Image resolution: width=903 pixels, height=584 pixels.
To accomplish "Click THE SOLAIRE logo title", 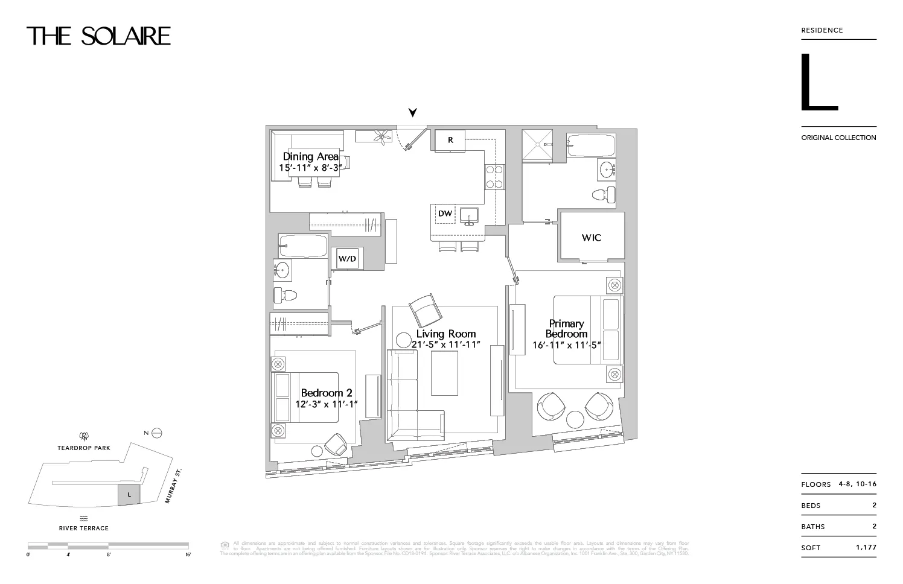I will (98, 36).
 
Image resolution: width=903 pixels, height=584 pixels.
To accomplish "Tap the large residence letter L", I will (818, 83).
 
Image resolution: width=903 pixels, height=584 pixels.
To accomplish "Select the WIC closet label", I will (591, 238).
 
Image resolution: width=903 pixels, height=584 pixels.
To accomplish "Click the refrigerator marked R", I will (450, 140).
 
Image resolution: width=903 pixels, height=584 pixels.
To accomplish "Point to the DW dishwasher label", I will (445, 214).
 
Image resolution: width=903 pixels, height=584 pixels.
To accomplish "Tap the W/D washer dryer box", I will (347, 259).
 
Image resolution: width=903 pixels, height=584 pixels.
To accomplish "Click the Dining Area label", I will (311, 157).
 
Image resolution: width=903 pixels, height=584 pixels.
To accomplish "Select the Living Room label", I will (446, 334).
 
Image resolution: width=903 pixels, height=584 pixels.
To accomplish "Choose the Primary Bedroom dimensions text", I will (566, 346).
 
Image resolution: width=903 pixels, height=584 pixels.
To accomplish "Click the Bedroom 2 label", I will (327, 393).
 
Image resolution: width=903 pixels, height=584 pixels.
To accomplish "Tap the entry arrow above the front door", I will (413, 112).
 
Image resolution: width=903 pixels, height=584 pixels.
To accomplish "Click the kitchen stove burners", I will (495, 177).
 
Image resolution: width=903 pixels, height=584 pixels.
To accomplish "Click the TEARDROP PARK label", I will (84, 448).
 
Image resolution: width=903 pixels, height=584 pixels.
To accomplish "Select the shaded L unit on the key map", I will (129, 495).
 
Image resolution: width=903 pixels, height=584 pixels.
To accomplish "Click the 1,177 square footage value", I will (866, 547).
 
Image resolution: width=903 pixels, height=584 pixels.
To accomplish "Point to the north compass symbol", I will (157, 433).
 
